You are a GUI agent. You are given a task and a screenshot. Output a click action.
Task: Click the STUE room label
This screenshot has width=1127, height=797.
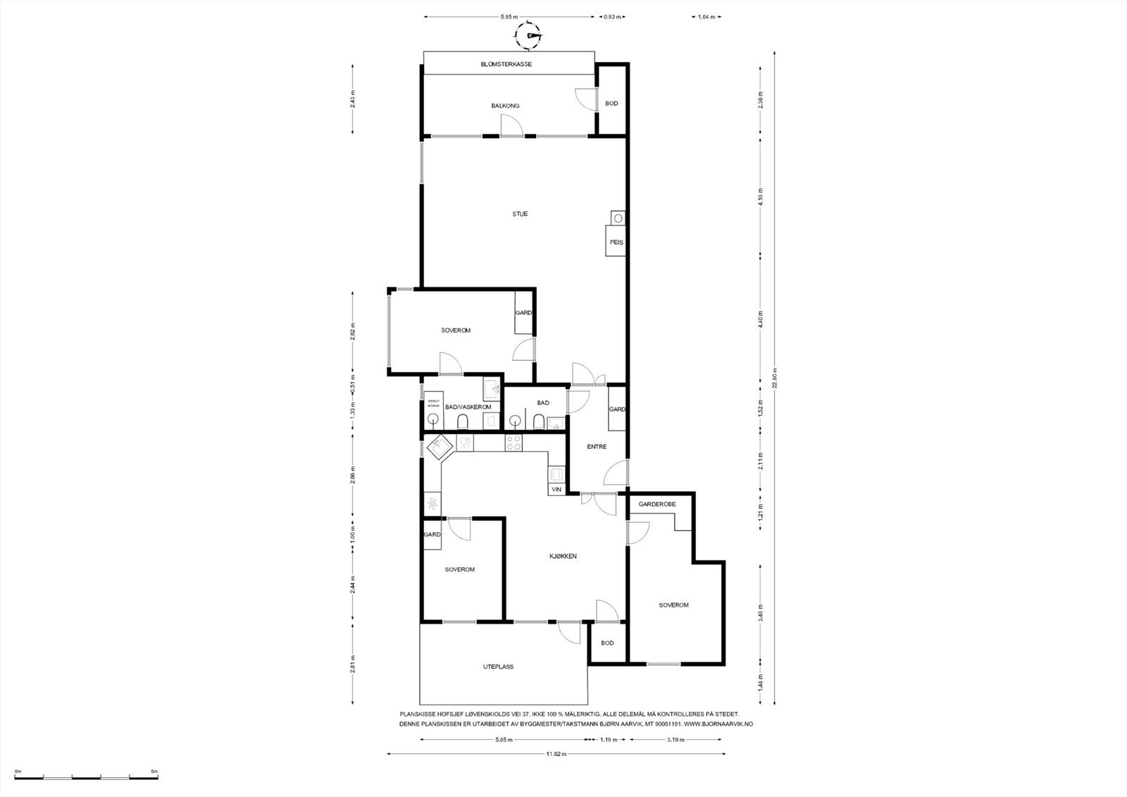(x=520, y=214)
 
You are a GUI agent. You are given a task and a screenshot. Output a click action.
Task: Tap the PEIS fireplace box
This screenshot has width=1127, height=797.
(x=616, y=241)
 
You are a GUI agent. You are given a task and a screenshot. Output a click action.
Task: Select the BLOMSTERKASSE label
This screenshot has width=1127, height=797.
(x=506, y=64)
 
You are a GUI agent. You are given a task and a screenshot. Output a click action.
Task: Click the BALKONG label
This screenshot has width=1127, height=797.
(x=505, y=106)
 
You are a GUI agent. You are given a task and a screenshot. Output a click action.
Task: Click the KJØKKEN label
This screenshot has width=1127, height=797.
(x=563, y=556)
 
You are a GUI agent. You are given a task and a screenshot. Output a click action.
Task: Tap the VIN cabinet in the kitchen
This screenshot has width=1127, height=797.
(x=556, y=489)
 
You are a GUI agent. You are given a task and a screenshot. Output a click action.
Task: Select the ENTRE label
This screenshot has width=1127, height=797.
(x=596, y=447)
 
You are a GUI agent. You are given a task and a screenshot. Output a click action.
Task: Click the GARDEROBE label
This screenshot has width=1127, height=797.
(x=656, y=505)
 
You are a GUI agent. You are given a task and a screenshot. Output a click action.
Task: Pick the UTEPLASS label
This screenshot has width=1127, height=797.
(x=498, y=666)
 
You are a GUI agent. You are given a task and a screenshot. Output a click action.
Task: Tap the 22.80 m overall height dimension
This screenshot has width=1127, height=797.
(x=774, y=377)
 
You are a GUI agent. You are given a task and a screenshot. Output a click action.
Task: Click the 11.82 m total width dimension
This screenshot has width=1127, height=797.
(x=556, y=754)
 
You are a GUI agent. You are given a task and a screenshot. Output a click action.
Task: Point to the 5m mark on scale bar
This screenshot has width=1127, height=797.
(x=154, y=771)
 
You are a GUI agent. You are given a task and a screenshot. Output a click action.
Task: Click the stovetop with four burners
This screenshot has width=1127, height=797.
(x=514, y=443)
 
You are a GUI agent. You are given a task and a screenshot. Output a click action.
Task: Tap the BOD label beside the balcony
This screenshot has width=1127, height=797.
(x=611, y=104)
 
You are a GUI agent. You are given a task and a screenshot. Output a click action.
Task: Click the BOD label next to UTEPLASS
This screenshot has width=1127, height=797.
(x=607, y=643)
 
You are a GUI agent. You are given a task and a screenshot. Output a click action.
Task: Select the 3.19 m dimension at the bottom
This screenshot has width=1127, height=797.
(x=676, y=740)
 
